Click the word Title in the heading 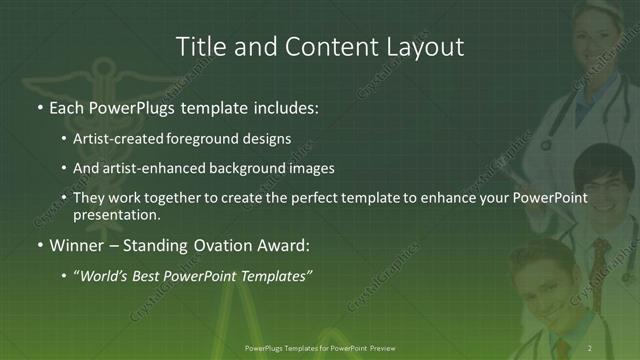coord(201,46)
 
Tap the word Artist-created coord(120,138)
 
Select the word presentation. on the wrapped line coord(117,214)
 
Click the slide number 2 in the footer coord(590,348)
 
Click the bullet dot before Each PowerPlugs coord(39,106)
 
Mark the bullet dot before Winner coord(39,244)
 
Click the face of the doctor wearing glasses coord(596,181)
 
